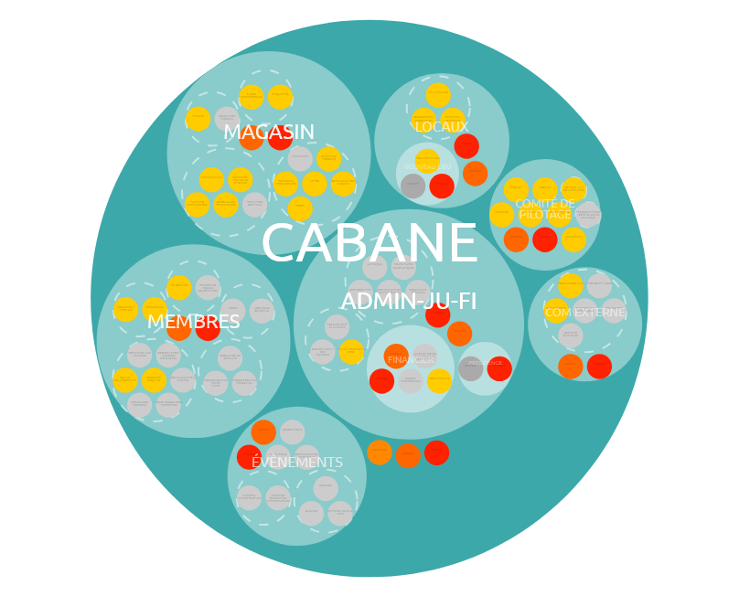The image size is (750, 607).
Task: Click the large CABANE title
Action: coord(370,245)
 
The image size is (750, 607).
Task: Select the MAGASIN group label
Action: coord(269,133)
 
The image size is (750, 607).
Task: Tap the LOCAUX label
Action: coord(442,127)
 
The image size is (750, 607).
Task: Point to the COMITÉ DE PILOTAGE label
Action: coord(545,208)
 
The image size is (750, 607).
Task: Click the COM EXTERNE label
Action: coord(585,313)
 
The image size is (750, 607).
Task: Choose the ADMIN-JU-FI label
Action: coord(409,302)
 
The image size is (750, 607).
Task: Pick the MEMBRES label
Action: coord(194,323)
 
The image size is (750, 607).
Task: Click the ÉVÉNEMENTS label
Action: coord(297,463)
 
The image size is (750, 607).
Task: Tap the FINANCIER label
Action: coord(411,360)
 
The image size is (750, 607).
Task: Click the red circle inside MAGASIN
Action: coord(280,138)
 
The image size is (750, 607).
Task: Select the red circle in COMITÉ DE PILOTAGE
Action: coord(545,240)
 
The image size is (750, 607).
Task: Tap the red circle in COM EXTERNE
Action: coord(599,367)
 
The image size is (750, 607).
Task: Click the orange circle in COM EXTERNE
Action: coord(571,367)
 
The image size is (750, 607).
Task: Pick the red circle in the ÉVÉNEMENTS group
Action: coord(249,457)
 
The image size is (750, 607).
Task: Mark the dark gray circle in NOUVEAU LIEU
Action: coord(412,186)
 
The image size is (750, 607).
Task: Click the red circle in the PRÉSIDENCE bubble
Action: coord(499,369)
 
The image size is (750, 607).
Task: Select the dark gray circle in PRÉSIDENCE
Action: coord(471,369)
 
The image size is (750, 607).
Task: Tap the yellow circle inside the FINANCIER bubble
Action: coord(439,381)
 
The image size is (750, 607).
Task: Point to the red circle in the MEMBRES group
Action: coord(208,329)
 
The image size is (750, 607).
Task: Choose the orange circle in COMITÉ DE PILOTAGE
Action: coord(516,240)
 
